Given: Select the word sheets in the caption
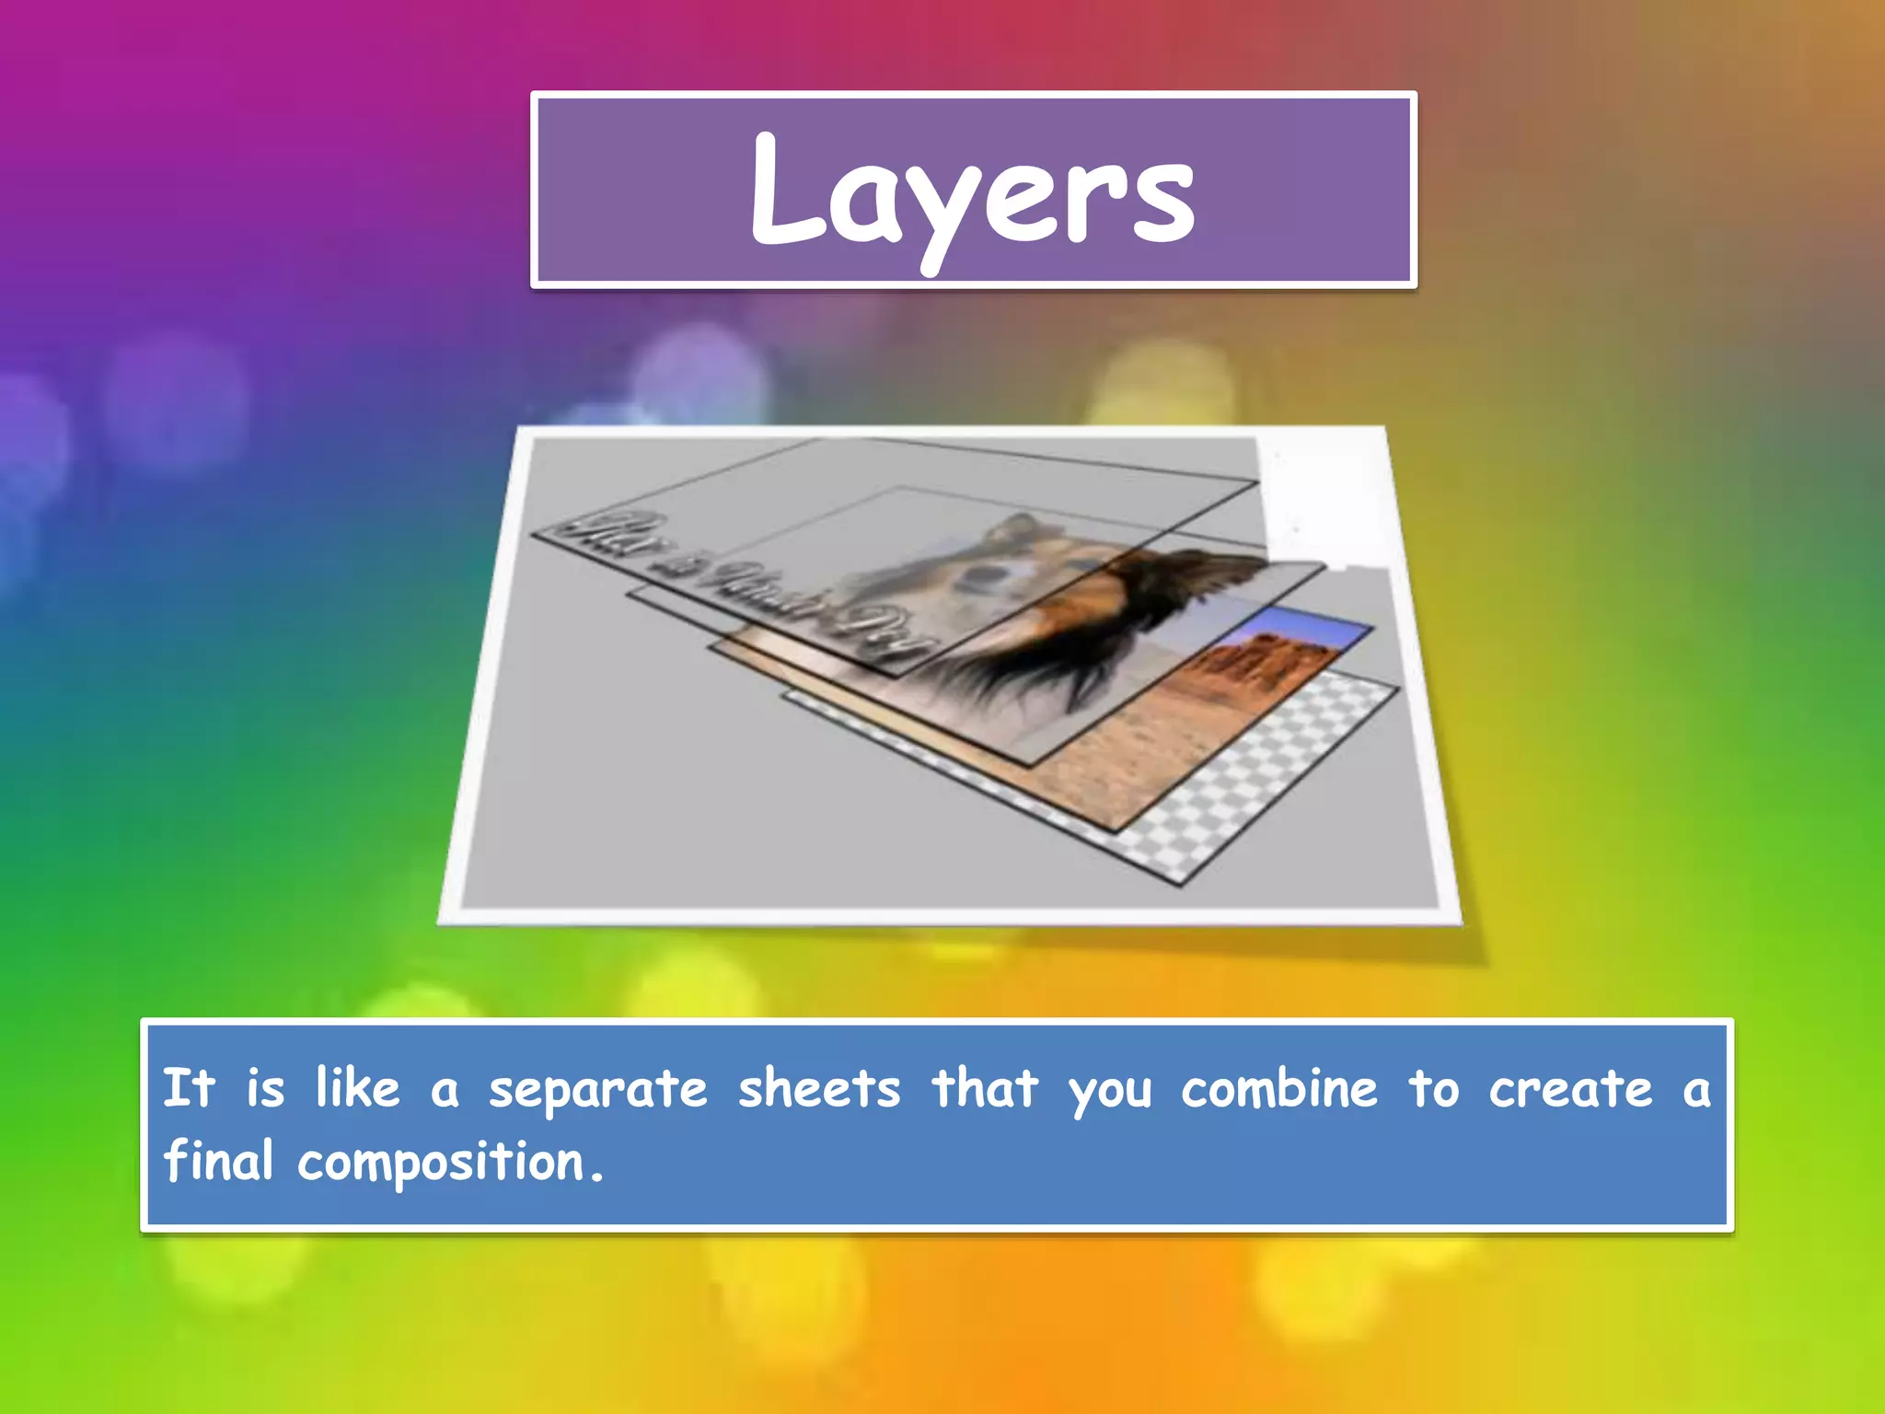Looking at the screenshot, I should [819, 1090].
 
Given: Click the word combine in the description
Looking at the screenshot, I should [1279, 1089].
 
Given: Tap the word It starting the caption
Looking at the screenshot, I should [189, 1088].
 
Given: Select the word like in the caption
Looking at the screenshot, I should [358, 1088].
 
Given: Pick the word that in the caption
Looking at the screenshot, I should [985, 1089].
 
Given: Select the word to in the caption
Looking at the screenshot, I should [1433, 1090].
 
